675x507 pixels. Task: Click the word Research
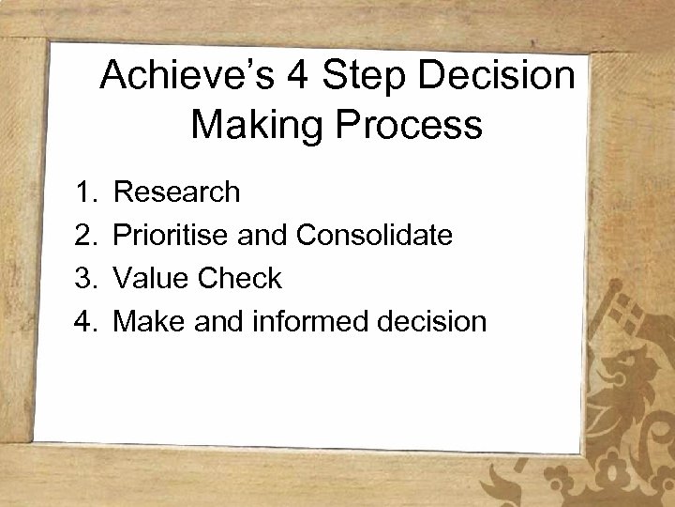tap(177, 192)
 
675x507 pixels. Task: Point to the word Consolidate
tap(375, 236)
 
